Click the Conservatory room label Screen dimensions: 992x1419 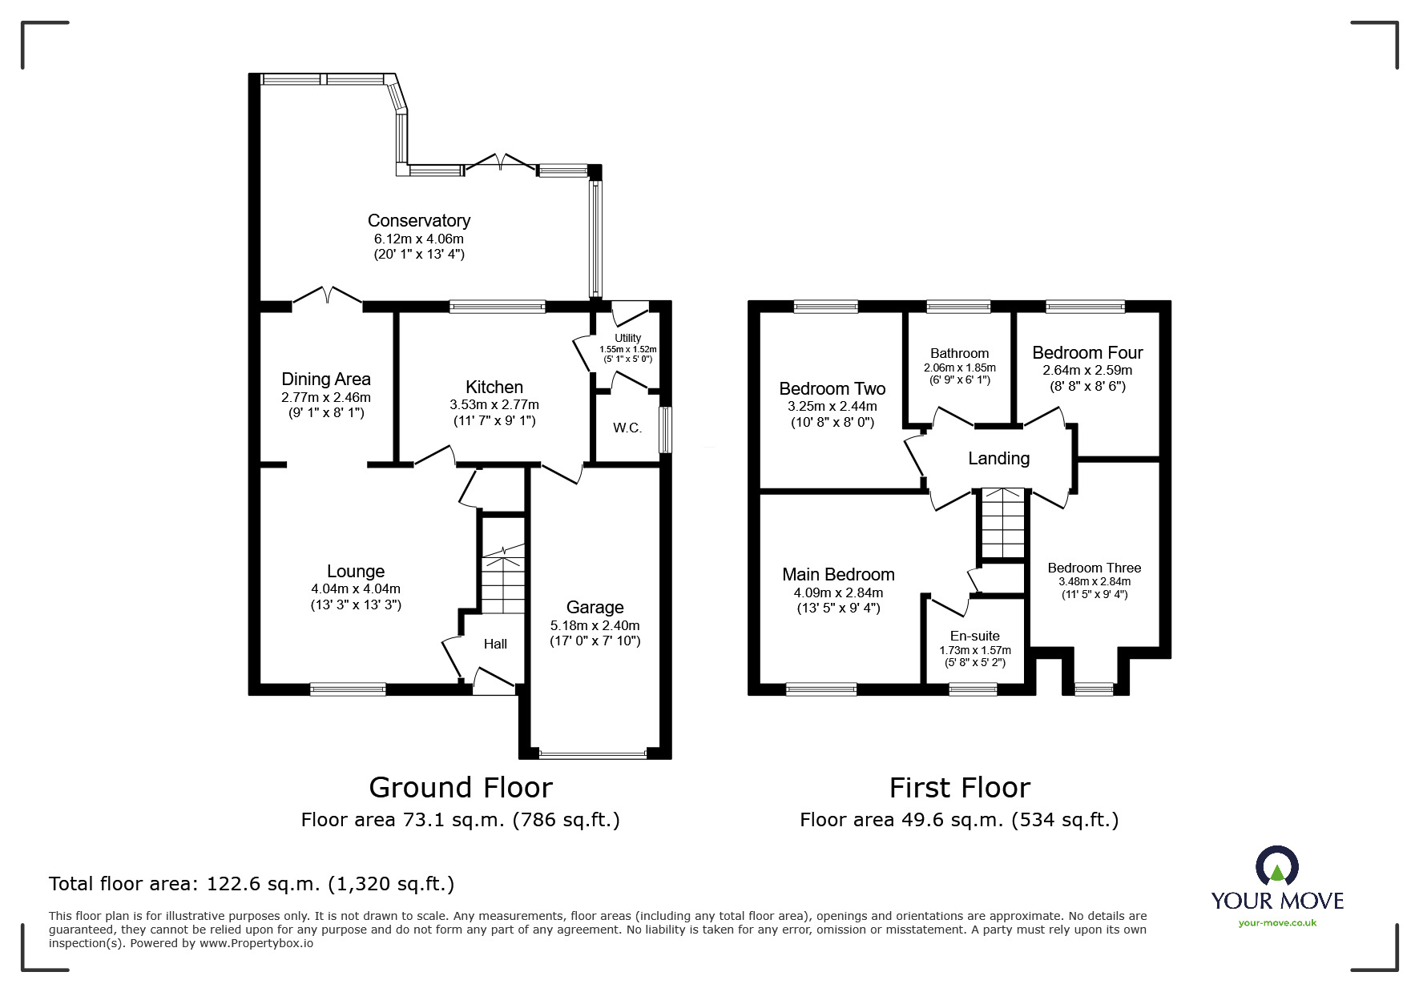418,220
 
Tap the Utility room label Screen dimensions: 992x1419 627,338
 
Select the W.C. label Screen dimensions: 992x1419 627,428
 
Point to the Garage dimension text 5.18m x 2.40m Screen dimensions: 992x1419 595,625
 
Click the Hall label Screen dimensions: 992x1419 495,644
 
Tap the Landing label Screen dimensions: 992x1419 998,458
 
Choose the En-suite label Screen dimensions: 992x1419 974,636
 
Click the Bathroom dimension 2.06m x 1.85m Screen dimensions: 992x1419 959,367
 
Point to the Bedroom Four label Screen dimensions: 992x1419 1087,352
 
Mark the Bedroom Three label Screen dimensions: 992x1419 1094,568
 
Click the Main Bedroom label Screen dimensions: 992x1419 838,574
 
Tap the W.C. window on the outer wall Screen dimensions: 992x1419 665,430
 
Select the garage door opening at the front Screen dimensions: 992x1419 593,753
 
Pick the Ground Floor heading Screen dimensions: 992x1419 460,787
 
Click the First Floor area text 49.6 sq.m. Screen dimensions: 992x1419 958,819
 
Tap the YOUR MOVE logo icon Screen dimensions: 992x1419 1276,865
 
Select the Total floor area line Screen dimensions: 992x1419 252,884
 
